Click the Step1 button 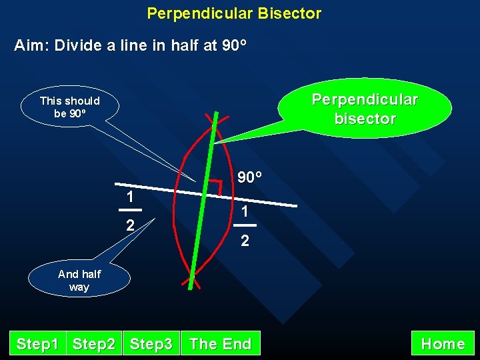37,344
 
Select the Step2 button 94,344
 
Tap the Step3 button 151,344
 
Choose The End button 221,344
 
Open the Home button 443,344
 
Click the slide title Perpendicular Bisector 234,13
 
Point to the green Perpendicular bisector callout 365,109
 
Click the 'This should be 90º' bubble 70,107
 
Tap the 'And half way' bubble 79,280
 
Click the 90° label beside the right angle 249,177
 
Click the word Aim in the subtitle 30,46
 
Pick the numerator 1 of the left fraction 132,197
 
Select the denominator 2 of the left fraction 131,225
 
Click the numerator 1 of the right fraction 245,211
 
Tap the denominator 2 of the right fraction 245,241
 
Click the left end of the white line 116,183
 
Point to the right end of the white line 295,205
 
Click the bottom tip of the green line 190,287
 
